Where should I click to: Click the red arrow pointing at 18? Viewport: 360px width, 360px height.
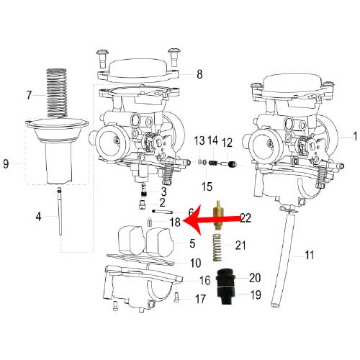(x=211, y=220)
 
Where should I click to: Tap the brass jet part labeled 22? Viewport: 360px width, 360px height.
(x=217, y=215)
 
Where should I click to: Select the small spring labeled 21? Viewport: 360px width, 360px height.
(x=217, y=247)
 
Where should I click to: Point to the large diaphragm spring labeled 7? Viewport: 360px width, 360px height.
(x=57, y=93)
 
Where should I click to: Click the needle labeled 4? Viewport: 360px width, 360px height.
(x=60, y=212)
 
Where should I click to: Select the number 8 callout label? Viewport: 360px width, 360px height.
(x=199, y=74)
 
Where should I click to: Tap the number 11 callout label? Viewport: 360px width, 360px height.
(x=310, y=255)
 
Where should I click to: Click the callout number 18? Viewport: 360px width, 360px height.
(x=175, y=222)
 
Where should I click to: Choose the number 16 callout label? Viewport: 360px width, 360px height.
(x=204, y=280)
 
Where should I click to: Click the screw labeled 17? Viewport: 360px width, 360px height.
(x=176, y=297)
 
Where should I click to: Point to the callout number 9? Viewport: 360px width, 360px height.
(x=6, y=164)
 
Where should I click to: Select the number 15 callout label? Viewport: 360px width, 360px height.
(x=207, y=186)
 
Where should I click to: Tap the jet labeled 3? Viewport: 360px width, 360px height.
(x=144, y=190)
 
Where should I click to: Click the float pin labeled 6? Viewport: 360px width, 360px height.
(x=163, y=212)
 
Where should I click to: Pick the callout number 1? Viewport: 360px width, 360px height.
(x=356, y=136)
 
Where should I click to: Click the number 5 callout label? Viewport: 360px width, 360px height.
(x=192, y=243)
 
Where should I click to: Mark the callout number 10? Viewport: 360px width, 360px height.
(x=196, y=263)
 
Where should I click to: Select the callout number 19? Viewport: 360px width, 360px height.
(x=256, y=294)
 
